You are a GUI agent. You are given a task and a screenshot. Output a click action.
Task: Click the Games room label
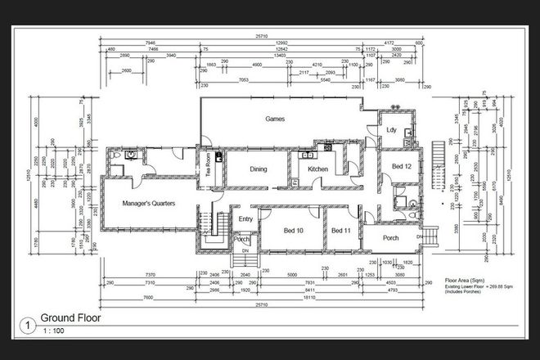tap(273, 119)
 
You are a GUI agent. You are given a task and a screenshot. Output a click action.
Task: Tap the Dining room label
tap(259, 169)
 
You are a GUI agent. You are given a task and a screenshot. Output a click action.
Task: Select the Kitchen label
tap(317, 169)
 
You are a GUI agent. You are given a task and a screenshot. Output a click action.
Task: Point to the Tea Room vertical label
tap(209, 165)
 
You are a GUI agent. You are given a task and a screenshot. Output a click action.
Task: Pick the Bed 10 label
tap(294, 231)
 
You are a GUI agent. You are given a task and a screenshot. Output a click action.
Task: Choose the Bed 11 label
tap(340, 231)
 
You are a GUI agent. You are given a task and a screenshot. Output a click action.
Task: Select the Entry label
tap(245, 218)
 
